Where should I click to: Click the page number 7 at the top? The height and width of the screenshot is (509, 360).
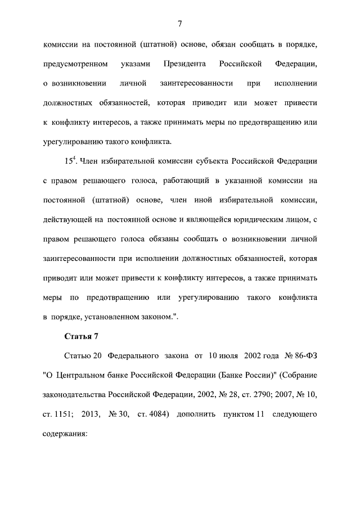(179, 23)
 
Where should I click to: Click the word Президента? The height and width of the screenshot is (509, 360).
(184, 64)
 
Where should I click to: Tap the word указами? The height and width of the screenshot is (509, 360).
(135, 64)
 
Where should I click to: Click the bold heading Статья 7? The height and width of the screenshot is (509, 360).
(77, 336)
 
